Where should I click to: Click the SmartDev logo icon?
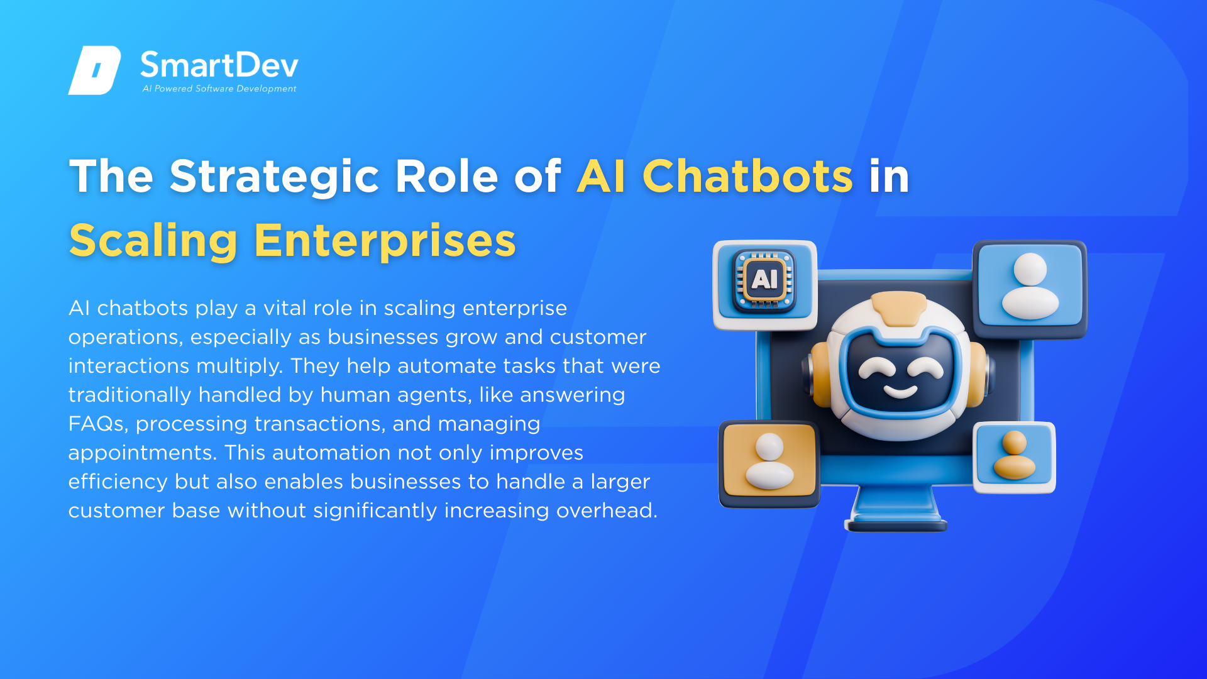click(94, 70)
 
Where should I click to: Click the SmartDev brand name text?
click(219, 65)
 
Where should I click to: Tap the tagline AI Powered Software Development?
click(219, 89)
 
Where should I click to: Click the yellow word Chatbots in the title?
click(747, 176)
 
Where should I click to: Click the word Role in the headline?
click(446, 176)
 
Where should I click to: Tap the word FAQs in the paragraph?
click(98, 424)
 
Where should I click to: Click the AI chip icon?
click(764, 281)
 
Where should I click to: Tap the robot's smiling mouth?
click(901, 392)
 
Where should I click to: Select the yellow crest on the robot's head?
click(899, 307)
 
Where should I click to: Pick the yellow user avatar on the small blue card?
click(1014, 455)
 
